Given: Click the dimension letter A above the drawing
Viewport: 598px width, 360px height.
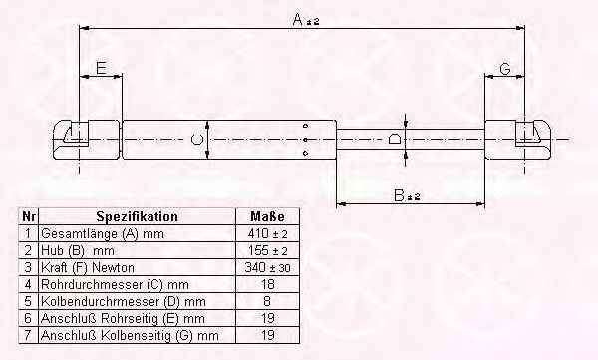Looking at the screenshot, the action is pyautogui.click(x=298, y=19).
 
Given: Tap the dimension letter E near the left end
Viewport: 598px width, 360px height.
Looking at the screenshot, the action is pyautogui.click(x=101, y=68).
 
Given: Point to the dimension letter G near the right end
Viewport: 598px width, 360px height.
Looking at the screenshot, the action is pyautogui.click(x=505, y=69).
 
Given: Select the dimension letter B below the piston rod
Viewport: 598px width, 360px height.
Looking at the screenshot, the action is pyautogui.click(x=399, y=195).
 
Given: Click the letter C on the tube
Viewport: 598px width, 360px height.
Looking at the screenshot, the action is pyautogui.click(x=196, y=140).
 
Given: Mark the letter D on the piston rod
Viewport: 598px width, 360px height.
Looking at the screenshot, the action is pyautogui.click(x=395, y=139).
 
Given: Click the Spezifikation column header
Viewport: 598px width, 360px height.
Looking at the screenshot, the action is pyautogui.click(x=137, y=216).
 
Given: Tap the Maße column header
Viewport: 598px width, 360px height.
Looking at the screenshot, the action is pyautogui.click(x=267, y=216).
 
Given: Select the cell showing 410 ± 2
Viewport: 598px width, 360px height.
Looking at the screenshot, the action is pyautogui.click(x=267, y=233).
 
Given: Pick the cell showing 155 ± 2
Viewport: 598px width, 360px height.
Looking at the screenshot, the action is pyautogui.click(x=267, y=251).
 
